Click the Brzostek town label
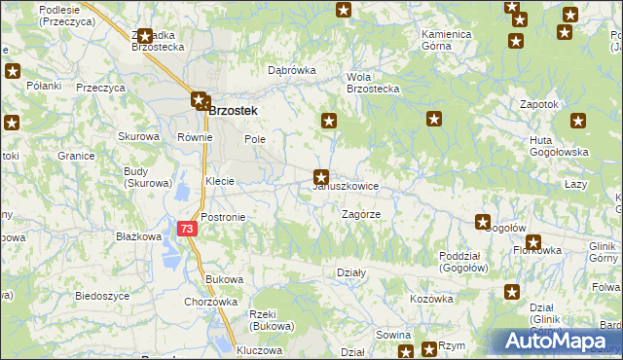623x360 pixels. [234, 111]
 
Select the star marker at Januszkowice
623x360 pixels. [320, 177]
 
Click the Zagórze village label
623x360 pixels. [360, 213]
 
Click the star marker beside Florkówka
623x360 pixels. [533, 242]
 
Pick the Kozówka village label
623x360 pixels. [431, 299]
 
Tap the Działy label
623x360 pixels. [350, 273]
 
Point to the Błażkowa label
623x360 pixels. [137, 236]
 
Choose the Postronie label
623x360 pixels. [223, 216]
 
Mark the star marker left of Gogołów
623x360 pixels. [482, 222]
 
